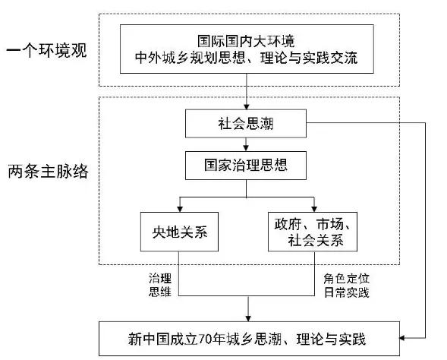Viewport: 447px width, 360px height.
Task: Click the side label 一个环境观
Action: click(46, 50)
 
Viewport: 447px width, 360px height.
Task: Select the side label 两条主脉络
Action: click(48, 172)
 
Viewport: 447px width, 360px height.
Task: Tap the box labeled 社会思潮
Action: click(246, 124)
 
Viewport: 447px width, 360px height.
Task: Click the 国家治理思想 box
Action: click(246, 166)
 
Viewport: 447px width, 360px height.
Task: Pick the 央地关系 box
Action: click(179, 232)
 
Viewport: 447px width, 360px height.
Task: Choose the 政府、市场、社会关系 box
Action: click(313, 232)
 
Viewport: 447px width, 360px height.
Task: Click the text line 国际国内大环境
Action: click(247, 41)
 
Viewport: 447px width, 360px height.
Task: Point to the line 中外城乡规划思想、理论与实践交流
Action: click(247, 58)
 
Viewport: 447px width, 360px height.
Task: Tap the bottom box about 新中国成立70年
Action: click(249, 339)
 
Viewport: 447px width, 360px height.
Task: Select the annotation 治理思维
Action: click(160, 285)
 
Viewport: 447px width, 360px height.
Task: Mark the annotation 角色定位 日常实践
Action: click(346, 286)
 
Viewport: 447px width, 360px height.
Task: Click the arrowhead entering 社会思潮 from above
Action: click(247, 106)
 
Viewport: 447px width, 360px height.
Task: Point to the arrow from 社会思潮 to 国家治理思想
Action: click(246, 144)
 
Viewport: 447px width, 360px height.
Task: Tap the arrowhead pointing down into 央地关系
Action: click(180, 209)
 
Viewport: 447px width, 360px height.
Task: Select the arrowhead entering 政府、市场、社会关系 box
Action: click(314, 209)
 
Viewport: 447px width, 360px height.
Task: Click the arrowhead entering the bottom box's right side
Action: click(402, 338)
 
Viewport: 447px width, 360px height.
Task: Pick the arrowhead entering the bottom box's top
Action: click(248, 319)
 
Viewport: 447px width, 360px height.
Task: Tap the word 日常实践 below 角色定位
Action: click(346, 292)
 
